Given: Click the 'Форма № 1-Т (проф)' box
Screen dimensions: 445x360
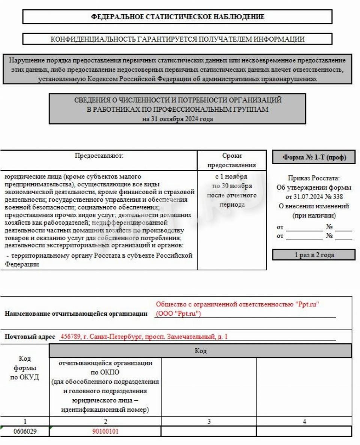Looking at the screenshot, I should tap(314, 158).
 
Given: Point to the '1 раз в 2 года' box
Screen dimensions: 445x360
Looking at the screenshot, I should tap(314, 255).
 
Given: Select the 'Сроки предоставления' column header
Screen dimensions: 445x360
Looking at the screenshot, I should tap(232, 160).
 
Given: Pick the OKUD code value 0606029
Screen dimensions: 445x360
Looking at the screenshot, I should tap(24, 431).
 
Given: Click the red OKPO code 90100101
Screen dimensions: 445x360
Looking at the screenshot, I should tap(105, 431).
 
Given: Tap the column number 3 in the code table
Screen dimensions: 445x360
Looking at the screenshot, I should tap(209, 421).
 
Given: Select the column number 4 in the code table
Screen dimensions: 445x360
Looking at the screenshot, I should tap(304, 421).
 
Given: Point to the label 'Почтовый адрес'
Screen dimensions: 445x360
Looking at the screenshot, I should tap(30, 337).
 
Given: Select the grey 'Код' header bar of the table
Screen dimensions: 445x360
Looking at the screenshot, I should tap(200, 351).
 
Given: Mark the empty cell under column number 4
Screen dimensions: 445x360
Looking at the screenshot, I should tap(304, 431).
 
